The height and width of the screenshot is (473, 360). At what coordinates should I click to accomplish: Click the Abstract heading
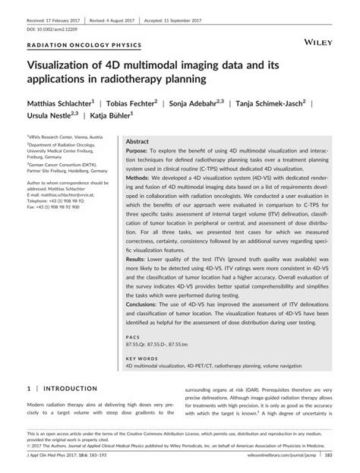click(x=137, y=142)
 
